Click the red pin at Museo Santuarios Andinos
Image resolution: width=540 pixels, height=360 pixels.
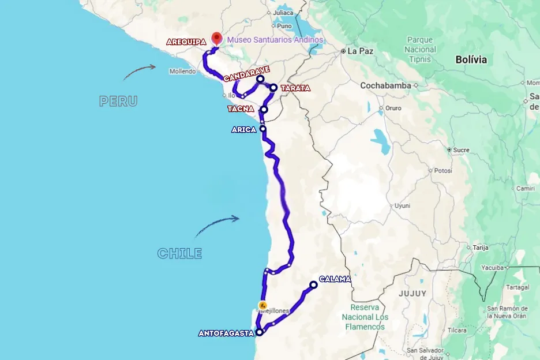coord(216,38)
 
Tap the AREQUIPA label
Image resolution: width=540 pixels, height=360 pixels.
coord(186,42)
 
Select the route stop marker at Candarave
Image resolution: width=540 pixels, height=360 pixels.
coord(260,78)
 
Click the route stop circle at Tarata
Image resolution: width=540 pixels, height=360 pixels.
coord(273,88)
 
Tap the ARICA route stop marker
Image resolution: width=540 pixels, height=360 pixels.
coord(263,129)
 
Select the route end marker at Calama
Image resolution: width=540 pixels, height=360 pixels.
coord(313,284)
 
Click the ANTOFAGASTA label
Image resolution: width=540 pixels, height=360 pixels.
coord(226,333)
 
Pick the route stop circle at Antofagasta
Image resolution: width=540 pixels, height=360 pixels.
coord(260,332)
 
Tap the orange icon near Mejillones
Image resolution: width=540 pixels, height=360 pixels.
coord(262,305)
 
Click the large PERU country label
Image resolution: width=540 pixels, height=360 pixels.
coord(118,101)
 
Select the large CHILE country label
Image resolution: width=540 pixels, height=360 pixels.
coord(179,253)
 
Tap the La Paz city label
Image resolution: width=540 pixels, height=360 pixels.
coord(361,51)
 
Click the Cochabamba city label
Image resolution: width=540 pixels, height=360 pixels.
coord(385,85)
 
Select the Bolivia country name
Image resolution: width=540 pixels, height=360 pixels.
coord(471,59)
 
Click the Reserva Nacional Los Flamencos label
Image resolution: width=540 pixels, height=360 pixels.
coord(365,317)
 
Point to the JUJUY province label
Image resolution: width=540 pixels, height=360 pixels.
coord(412,293)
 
